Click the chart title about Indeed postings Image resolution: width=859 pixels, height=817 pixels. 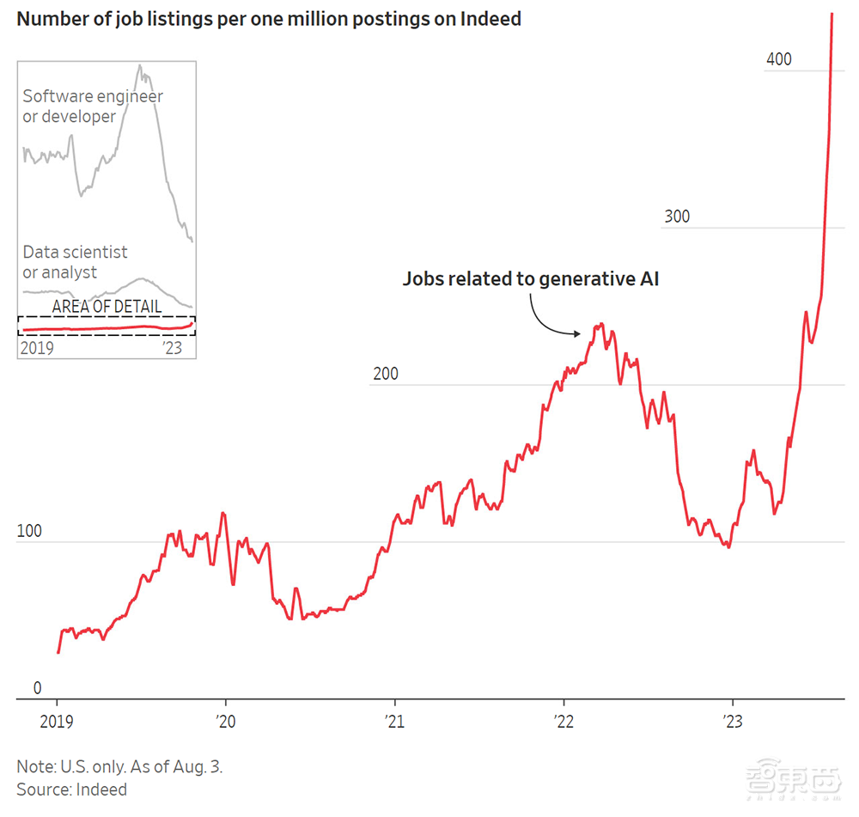pyautogui.click(x=269, y=18)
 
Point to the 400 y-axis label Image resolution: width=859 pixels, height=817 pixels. pyautogui.click(x=778, y=59)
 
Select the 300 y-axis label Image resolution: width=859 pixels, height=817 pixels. pyautogui.click(x=676, y=216)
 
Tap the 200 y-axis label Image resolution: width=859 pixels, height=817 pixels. pyautogui.click(x=386, y=375)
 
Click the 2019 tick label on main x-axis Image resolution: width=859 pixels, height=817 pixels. pyautogui.click(x=58, y=721)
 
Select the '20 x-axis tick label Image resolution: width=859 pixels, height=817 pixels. pyautogui.click(x=225, y=721)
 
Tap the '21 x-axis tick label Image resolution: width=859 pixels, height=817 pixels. pyautogui.click(x=394, y=721)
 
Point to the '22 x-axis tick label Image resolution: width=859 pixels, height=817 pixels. pyautogui.click(x=563, y=721)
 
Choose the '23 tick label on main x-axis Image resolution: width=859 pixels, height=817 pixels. pyautogui.click(x=732, y=721)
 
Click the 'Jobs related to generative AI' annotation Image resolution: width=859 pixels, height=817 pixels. pyautogui.click(x=531, y=279)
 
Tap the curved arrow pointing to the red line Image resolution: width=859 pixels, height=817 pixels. pyautogui.click(x=545, y=318)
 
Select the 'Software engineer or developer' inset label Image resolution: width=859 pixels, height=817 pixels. pyautogui.click(x=93, y=107)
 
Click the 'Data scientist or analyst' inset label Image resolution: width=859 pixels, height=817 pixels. pyautogui.click(x=75, y=262)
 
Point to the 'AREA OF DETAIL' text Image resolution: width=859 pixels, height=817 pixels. pyautogui.click(x=107, y=307)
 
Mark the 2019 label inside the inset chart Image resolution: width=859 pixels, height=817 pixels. pyautogui.click(x=38, y=348)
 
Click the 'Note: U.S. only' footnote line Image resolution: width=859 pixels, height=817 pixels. pyautogui.click(x=119, y=766)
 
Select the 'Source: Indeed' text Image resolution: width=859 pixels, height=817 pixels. pyautogui.click(x=71, y=789)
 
